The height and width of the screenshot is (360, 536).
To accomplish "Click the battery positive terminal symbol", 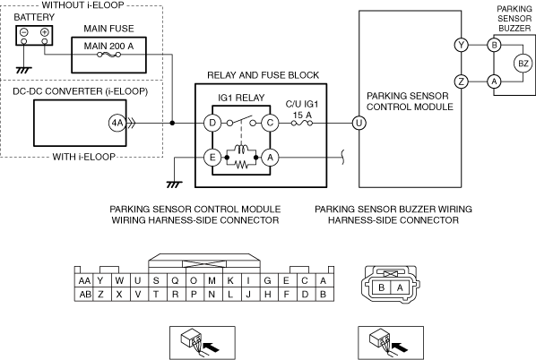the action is click(45, 32).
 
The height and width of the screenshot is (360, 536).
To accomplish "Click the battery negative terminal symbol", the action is click(24, 32).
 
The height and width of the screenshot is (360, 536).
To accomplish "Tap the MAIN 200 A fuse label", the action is click(108, 46).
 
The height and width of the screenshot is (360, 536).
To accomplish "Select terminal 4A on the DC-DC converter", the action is click(117, 123).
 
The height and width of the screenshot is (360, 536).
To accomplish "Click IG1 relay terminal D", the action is click(212, 123).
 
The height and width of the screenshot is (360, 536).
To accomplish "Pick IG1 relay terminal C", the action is click(270, 123).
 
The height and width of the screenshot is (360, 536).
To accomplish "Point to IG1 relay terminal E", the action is click(212, 158).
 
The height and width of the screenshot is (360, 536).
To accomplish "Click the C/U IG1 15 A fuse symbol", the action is click(302, 124).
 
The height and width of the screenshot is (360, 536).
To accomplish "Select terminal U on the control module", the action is click(359, 123).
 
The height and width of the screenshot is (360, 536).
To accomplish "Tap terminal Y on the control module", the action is click(462, 45).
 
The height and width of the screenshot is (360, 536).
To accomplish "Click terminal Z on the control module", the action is click(462, 81).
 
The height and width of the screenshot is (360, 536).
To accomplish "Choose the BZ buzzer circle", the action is click(523, 64).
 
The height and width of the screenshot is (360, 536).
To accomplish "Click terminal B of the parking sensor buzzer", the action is click(494, 45).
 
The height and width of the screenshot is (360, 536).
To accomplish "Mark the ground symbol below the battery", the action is click(23, 71).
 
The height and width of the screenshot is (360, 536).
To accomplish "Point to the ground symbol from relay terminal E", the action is click(175, 184).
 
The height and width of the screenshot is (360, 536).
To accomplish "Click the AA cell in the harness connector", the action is click(83, 280).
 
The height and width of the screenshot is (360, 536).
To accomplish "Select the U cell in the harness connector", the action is click(138, 280).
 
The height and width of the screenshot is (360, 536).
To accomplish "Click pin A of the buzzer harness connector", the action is click(400, 287).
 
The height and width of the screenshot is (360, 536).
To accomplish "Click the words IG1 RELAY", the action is click(241, 98).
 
